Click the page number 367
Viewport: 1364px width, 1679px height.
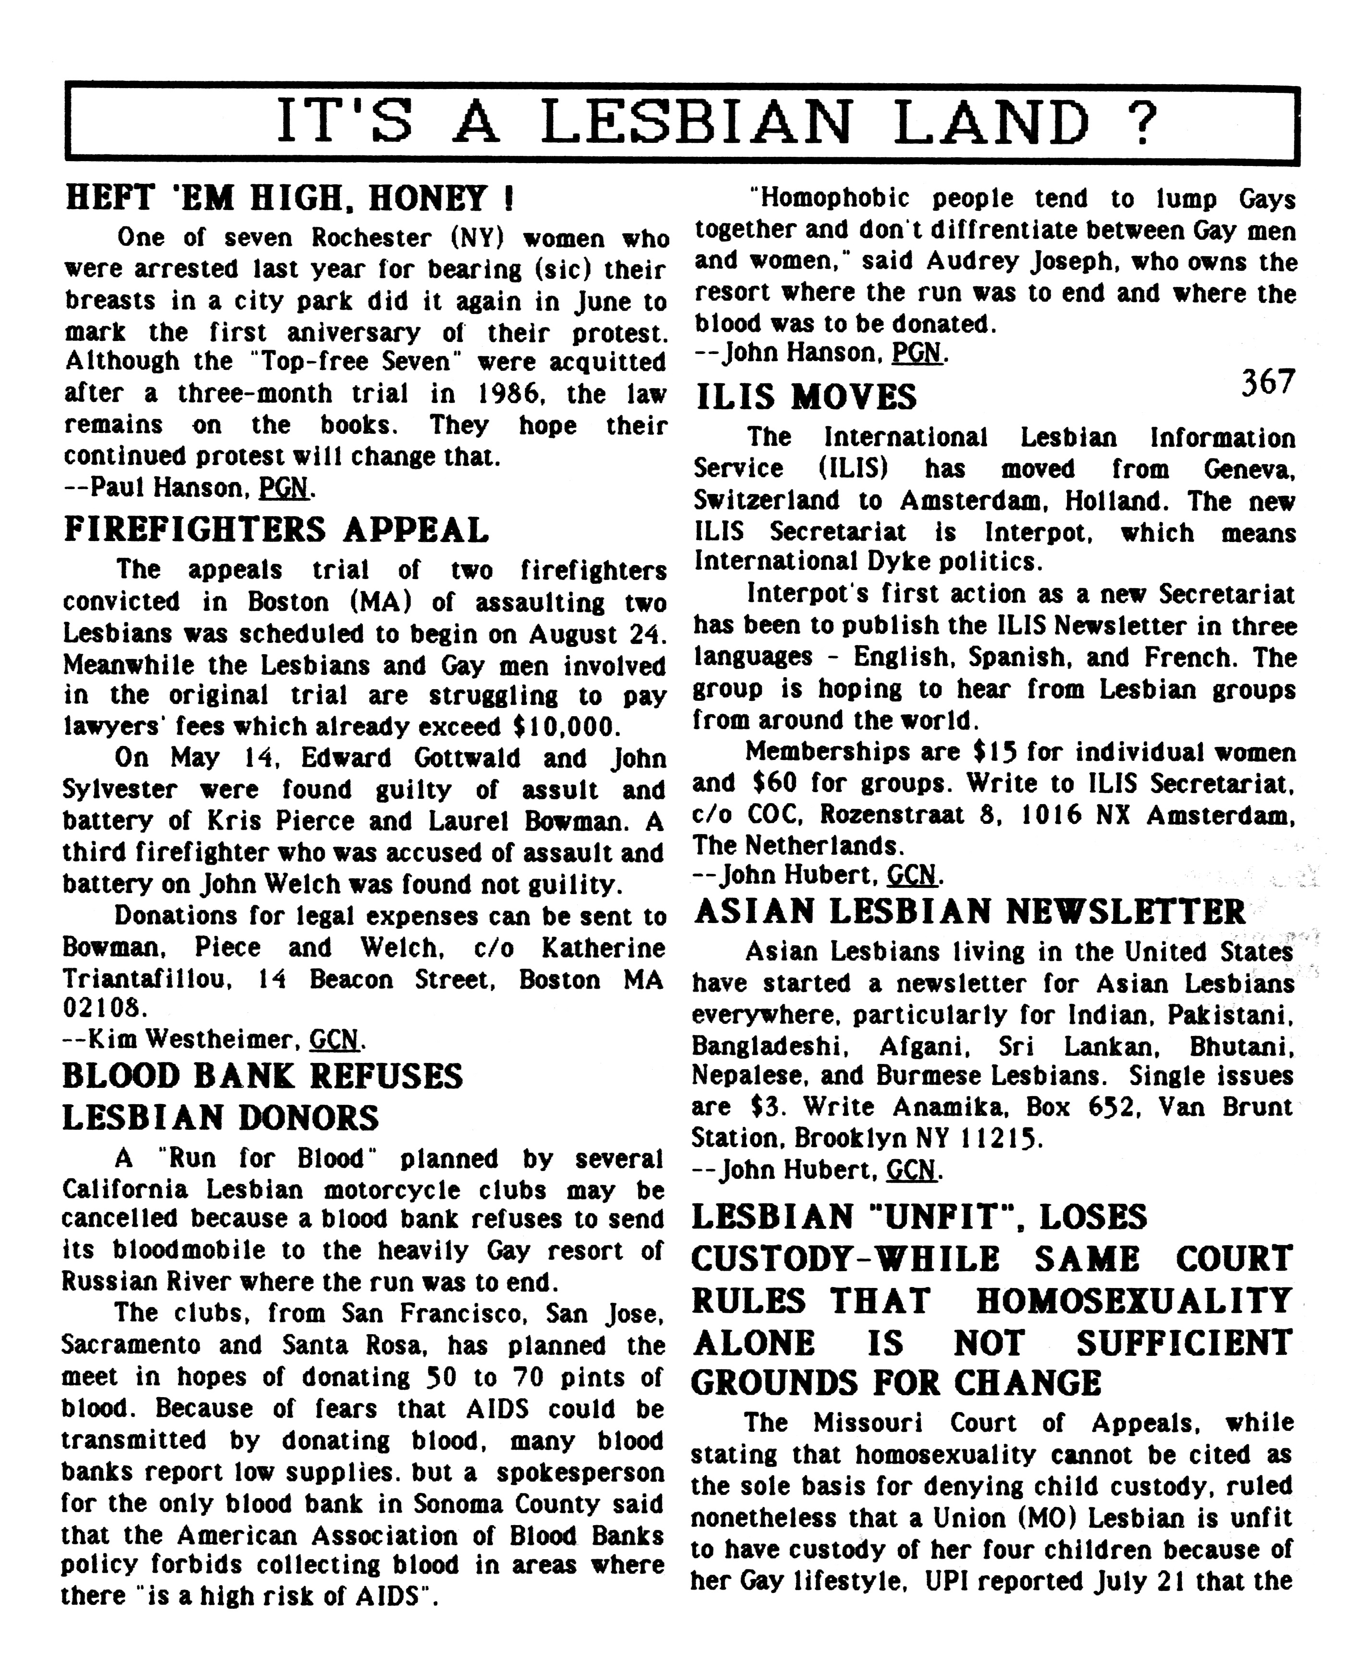1267,383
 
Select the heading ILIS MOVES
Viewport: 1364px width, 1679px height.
806,397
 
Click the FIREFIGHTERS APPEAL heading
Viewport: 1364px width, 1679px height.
276,530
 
